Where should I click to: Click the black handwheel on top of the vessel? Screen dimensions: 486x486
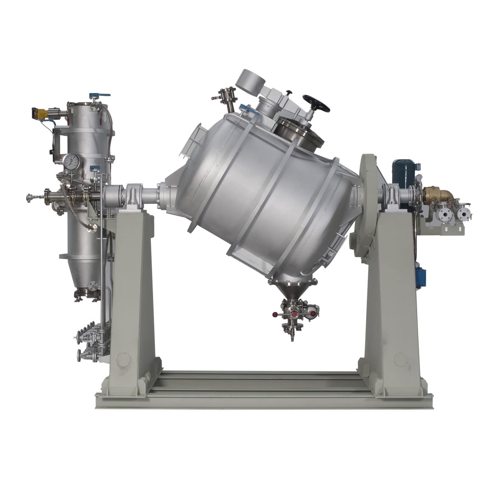[316, 103]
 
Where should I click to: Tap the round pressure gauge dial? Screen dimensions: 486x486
[70, 161]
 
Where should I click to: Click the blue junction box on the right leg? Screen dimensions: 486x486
[421, 277]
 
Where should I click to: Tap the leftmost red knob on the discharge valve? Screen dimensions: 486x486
[275, 314]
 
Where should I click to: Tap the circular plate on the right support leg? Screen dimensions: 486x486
[401, 359]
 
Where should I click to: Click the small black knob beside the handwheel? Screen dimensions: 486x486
[288, 93]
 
